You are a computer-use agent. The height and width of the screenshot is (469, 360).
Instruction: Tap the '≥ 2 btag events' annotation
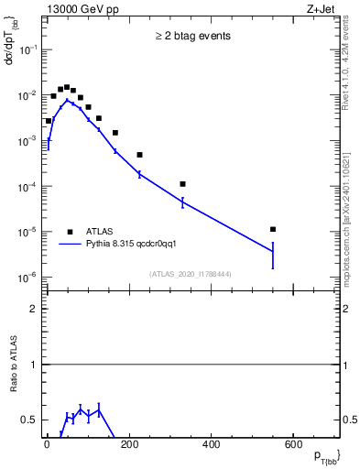(192, 37)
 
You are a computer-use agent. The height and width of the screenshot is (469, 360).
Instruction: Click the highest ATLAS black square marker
(67, 87)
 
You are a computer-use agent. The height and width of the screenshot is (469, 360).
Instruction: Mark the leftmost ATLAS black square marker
(49, 121)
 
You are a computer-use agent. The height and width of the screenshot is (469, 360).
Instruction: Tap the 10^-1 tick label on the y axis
(27, 50)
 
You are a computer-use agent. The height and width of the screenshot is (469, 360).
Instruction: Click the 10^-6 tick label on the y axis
(27, 278)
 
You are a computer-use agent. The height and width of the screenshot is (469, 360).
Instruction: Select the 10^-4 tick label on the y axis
(27, 187)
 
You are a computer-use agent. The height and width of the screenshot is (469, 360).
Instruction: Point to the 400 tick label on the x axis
(211, 445)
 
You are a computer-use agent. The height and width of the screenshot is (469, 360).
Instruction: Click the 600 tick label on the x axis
(292, 445)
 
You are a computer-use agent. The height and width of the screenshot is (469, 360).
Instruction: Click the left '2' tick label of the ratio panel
(33, 309)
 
